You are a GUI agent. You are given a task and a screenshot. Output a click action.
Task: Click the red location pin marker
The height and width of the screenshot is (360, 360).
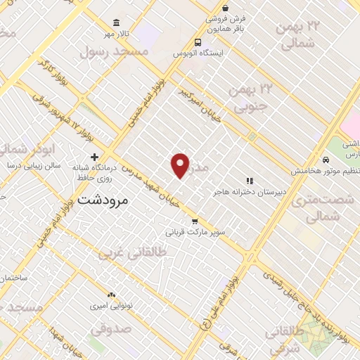181,165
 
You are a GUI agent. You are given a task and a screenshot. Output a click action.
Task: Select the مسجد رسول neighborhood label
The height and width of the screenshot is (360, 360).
115,51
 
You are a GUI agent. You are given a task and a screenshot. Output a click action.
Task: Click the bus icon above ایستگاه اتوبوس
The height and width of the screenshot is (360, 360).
198,41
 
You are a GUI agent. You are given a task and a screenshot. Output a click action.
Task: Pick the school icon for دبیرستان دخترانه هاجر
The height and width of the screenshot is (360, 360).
249,181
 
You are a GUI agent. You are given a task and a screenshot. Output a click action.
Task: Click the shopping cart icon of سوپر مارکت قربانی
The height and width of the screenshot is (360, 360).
204,221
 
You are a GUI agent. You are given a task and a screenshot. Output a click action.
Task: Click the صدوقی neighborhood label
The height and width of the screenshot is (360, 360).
110,328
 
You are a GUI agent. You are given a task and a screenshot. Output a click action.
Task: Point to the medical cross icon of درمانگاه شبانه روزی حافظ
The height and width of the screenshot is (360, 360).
94,157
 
